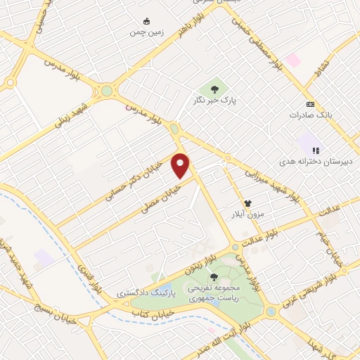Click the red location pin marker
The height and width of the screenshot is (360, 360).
[181, 165]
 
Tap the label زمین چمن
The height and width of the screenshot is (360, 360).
[146, 32]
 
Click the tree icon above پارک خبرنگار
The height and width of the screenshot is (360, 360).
[214, 89]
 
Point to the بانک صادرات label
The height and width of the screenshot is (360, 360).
[310, 114]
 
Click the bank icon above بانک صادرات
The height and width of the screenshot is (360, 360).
[310, 103]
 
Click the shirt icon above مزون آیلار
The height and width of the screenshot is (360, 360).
[247, 202]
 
